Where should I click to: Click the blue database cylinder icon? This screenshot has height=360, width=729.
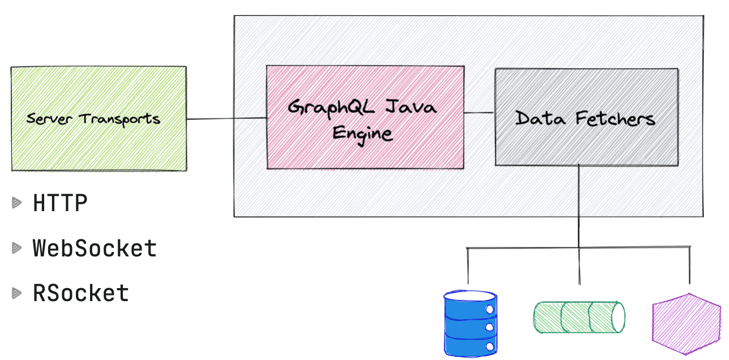pyautogui.click(x=470, y=323)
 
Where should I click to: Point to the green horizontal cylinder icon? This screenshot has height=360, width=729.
pyautogui.click(x=578, y=317)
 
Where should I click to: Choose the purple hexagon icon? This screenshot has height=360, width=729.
pyautogui.click(x=686, y=324)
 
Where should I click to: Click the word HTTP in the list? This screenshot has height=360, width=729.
pyautogui.click(x=61, y=203)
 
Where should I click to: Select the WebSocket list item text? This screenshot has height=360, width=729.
pyautogui.click(x=95, y=248)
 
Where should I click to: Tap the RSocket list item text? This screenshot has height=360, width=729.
pyautogui.click(x=81, y=293)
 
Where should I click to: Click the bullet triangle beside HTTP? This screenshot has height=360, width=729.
pyautogui.click(x=17, y=203)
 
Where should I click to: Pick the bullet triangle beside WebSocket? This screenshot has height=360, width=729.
pyautogui.click(x=17, y=248)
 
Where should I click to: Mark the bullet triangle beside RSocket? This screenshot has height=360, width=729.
pyautogui.click(x=17, y=293)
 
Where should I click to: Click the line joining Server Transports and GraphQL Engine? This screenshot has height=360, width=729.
pyautogui.click(x=226, y=119)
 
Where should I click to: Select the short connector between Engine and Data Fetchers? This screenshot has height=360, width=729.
pyautogui.click(x=479, y=113)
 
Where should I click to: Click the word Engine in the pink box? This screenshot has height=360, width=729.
pyautogui.click(x=362, y=134)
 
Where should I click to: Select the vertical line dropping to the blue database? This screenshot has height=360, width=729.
pyautogui.click(x=468, y=266)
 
